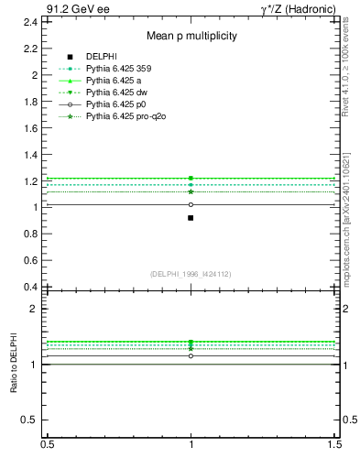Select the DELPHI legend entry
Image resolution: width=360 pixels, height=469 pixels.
pyautogui.click(x=100, y=57)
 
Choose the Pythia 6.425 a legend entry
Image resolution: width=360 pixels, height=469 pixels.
pyautogui.click(x=114, y=81)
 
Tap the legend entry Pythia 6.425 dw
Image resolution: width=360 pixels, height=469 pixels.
pyautogui.click(x=115, y=93)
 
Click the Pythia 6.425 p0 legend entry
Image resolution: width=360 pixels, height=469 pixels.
pyautogui.click(x=115, y=104)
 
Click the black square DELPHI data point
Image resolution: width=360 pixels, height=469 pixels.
pyautogui.click(x=191, y=218)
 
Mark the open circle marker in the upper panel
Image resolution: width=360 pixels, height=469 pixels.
pyautogui.click(x=191, y=204)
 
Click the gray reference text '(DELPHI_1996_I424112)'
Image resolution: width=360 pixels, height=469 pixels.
pyautogui.click(x=191, y=273)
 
